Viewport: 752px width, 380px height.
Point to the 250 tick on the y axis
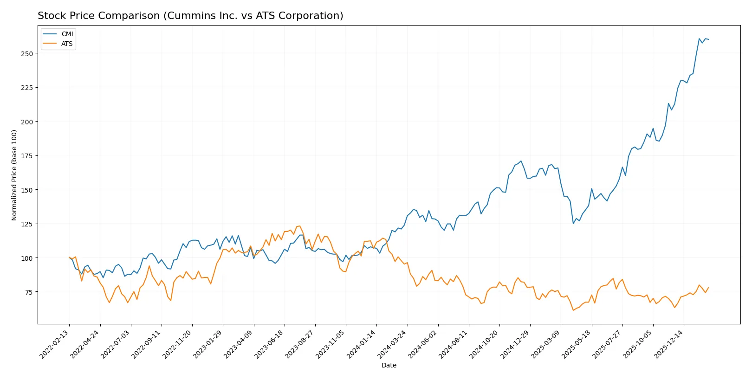[x=27, y=54]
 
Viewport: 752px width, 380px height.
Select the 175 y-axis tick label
[x=27, y=156]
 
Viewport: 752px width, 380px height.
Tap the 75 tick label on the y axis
[x=28, y=292]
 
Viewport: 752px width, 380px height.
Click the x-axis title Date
[x=389, y=366]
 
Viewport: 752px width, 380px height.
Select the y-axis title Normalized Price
[x=14, y=175]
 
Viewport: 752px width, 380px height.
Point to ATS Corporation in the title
[x=300, y=16]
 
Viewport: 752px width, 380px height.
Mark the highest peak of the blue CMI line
[x=699, y=39]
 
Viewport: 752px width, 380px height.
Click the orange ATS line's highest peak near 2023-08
[x=299, y=226]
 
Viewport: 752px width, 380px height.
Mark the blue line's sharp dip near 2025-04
[x=573, y=223]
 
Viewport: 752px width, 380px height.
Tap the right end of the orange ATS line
[x=708, y=288]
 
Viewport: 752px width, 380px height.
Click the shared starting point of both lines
[x=69, y=258]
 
